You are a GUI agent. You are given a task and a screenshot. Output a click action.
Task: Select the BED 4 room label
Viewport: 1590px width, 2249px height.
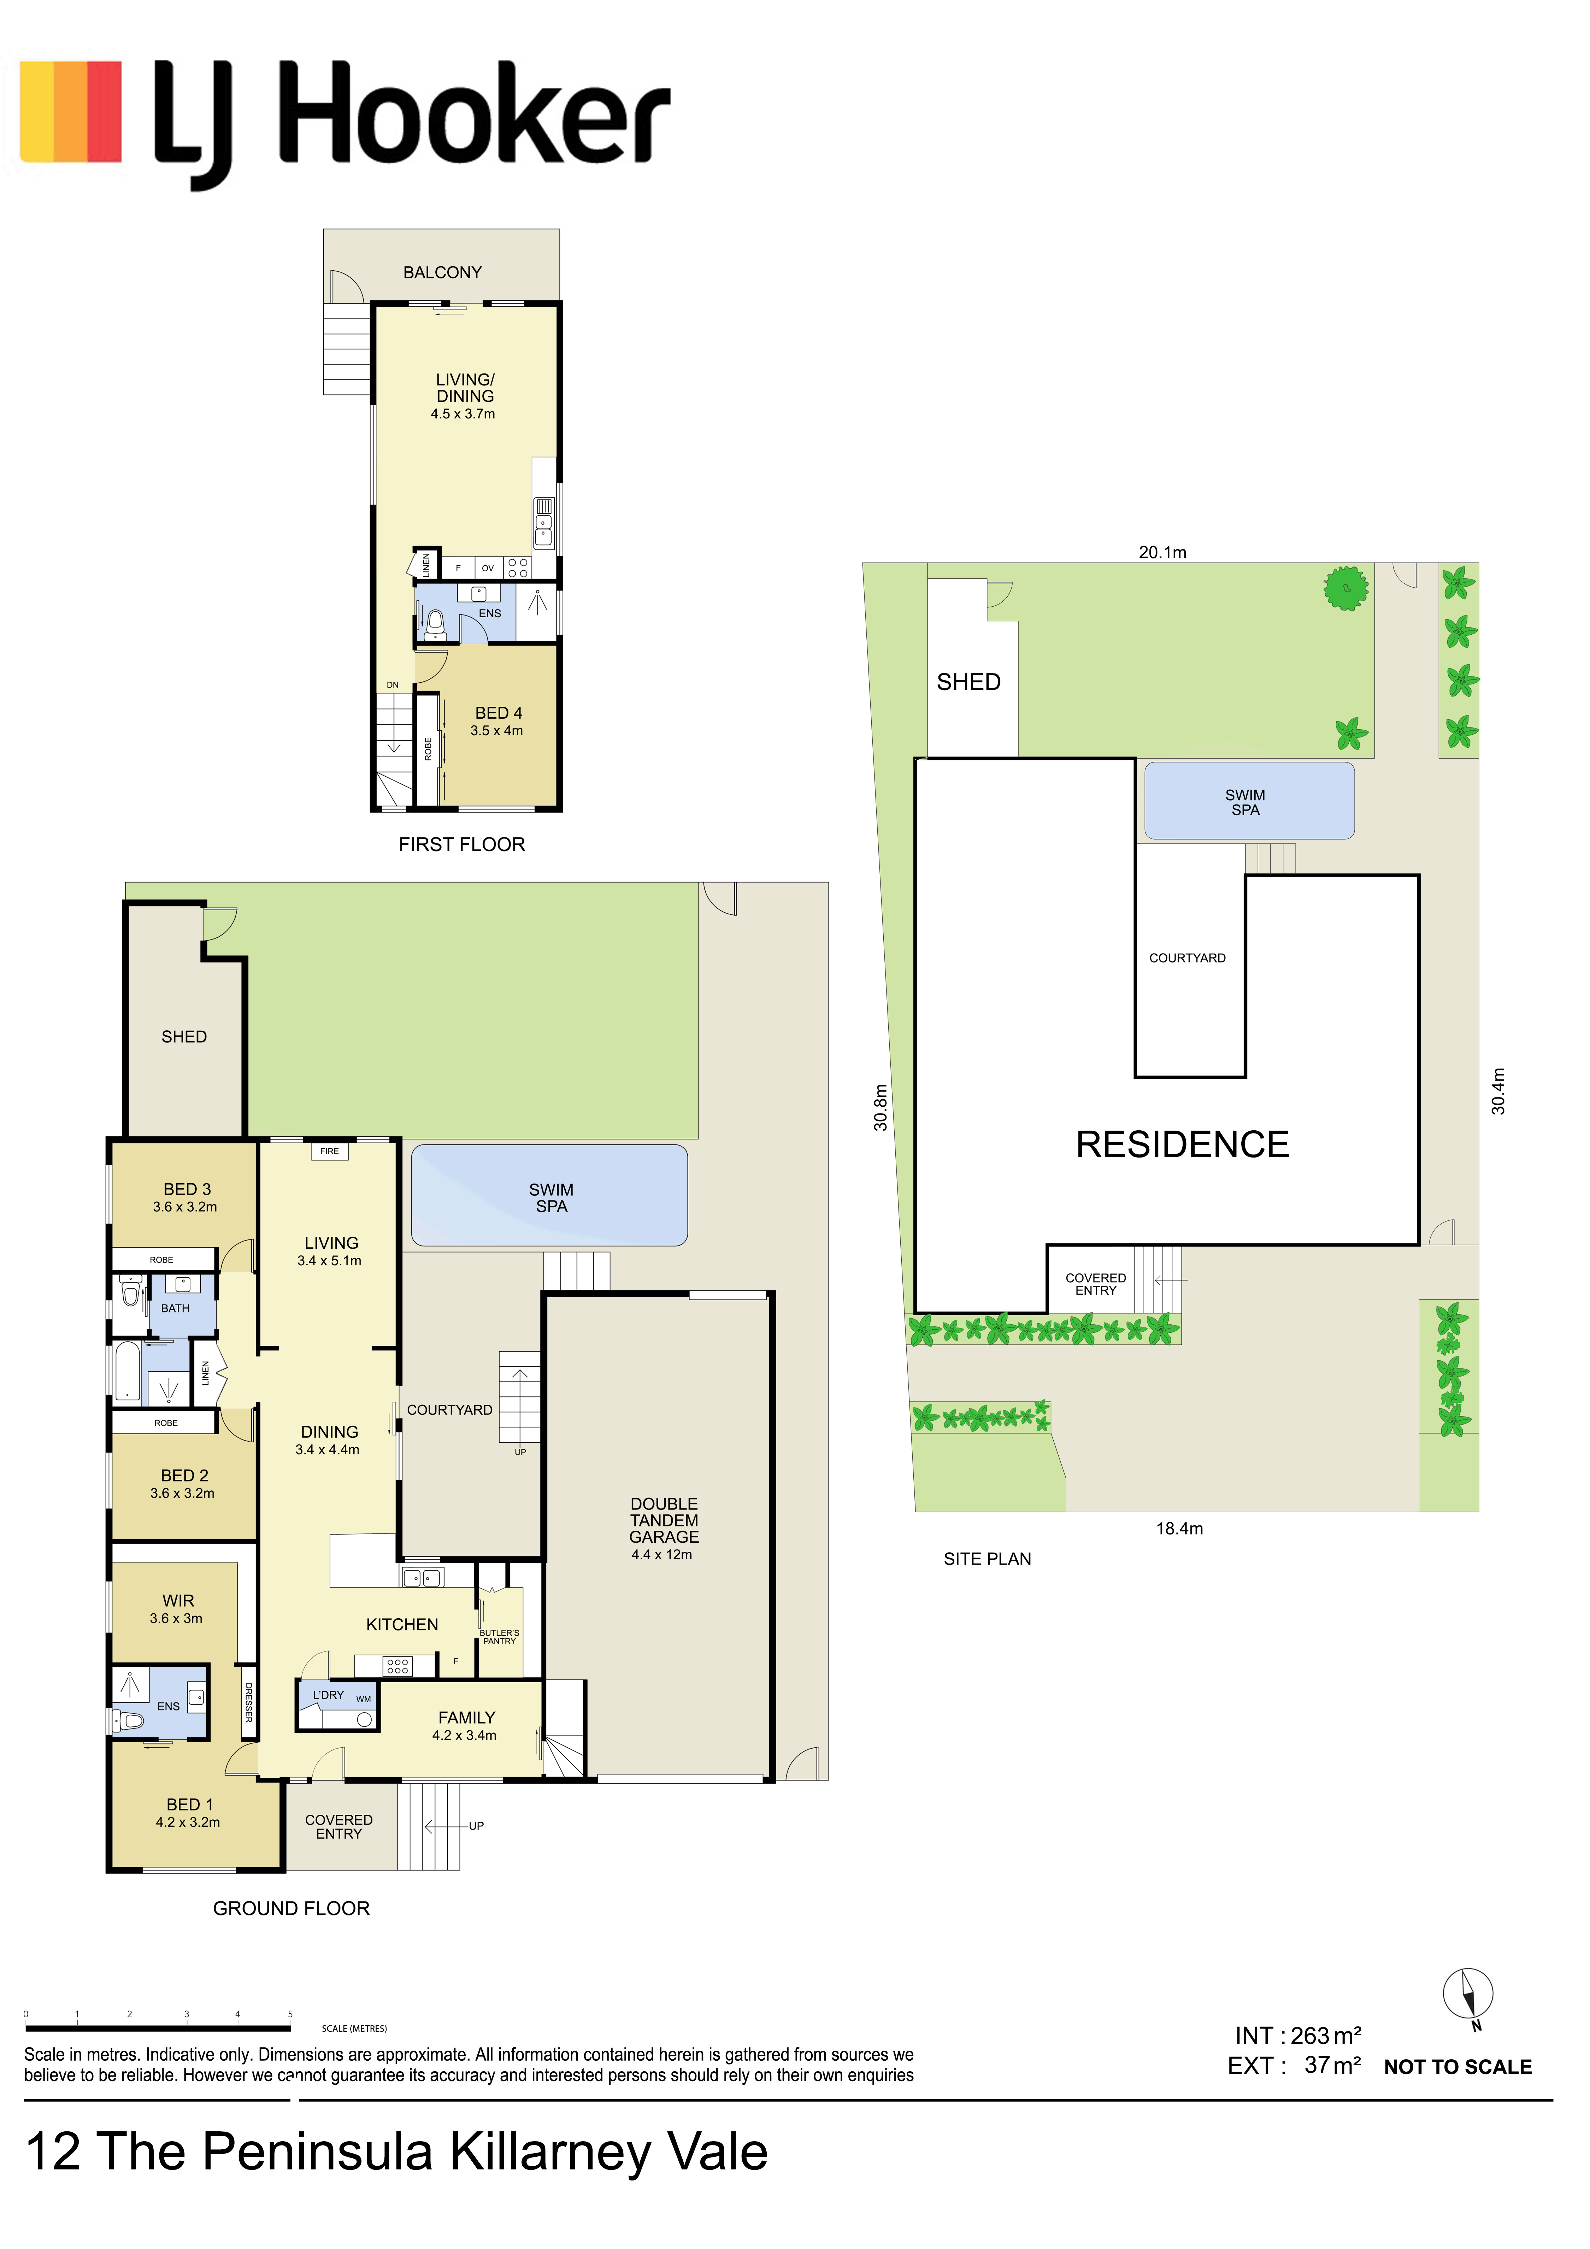[x=499, y=713]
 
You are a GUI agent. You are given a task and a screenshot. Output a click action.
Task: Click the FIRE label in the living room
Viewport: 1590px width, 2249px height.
[x=329, y=1151]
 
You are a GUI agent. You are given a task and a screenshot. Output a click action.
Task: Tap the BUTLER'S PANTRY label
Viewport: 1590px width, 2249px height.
[x=500, y=1637]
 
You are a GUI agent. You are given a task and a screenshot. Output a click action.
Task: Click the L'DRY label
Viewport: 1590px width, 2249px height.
[x=328, y=1695]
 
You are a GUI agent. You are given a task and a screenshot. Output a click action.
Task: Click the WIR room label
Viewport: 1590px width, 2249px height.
[x=178, y=1601]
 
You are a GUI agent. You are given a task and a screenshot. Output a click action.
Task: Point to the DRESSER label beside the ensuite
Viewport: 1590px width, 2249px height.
[x=249, y=1702]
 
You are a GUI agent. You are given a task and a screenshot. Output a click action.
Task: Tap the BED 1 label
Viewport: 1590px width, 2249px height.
[x=189, y=1804]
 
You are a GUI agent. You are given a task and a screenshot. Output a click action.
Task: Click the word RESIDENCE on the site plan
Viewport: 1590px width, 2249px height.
[x=1183, y=1144]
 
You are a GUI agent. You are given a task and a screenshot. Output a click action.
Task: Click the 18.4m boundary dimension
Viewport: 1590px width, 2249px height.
[x=1179, y=1528]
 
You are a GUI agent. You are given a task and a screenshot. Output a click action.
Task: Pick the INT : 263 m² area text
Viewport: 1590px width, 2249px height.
[x=1298, y=2036]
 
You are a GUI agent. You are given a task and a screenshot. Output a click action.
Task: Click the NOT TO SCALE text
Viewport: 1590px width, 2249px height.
[x=1458, y=2067]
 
